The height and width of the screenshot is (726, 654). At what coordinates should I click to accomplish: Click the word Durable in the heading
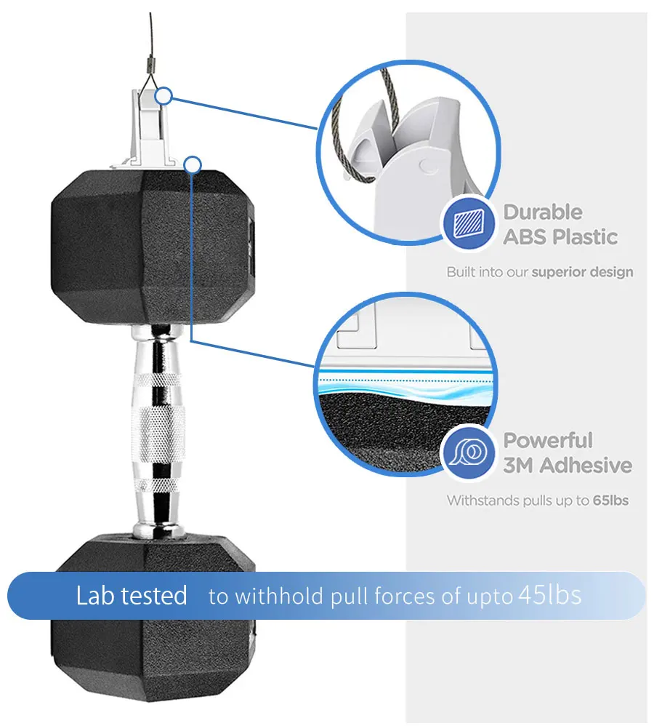coord(543,212)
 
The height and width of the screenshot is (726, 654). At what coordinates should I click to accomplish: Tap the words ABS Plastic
coord(560,237)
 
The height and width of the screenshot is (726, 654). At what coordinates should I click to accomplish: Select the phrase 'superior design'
coord(582,272)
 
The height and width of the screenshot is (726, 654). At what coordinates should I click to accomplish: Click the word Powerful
coord(548,440)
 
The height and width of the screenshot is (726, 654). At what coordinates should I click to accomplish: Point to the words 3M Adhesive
coord(568,466)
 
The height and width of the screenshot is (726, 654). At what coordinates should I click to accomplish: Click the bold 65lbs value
coord(610,500)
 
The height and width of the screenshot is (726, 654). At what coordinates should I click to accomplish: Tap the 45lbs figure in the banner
coord(549,596)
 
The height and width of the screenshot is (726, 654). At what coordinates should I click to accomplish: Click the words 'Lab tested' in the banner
coord(132,596)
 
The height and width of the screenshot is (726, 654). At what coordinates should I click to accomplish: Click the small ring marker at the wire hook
coord(164,95)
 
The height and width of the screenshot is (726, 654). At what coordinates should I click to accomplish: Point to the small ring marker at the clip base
coord(192,165)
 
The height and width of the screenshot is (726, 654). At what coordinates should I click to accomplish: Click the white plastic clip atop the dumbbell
coord(149,131)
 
